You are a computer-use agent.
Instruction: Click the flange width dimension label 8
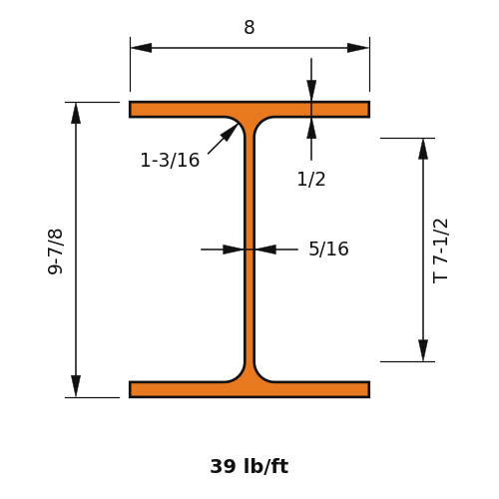249,27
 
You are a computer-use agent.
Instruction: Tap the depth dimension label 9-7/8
55,251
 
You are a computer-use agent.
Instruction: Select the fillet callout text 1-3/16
170,160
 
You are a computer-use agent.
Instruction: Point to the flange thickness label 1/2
311,179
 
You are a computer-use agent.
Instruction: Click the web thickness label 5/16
328,249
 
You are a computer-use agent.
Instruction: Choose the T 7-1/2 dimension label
440,250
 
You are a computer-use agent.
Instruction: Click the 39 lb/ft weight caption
249,466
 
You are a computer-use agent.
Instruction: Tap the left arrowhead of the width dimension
141,48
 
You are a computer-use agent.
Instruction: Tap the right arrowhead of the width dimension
358,48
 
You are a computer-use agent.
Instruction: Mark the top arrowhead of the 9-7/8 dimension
76,113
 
